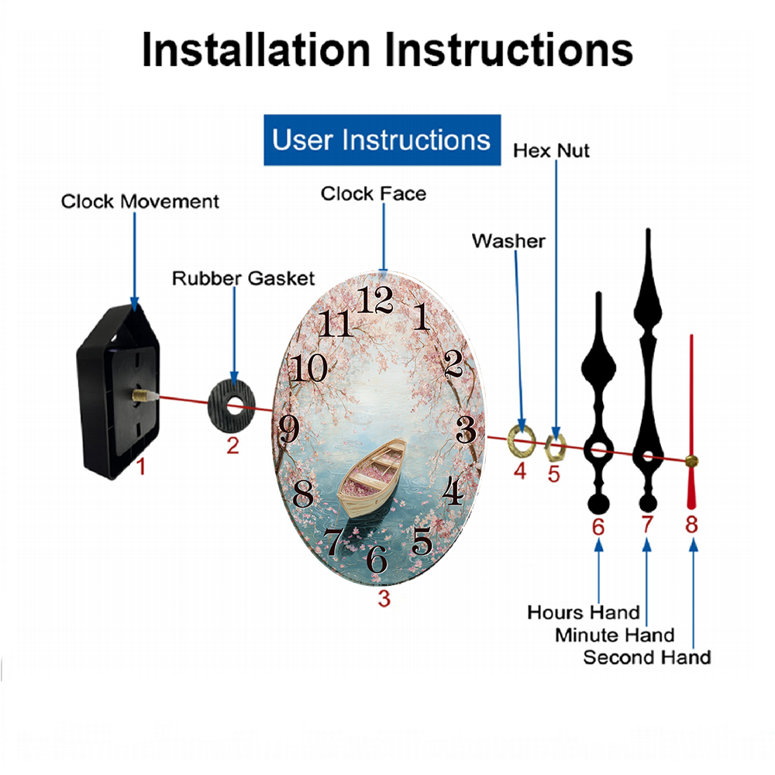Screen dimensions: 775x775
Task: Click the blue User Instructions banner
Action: pyautogui.click(x=382, y=139)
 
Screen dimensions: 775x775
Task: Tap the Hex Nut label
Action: pyautogui.click(x=551, y=151)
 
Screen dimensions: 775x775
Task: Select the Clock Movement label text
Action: pyautogui.click(x=139, y=201)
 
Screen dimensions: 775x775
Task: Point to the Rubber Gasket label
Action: pyautogui.click(x=243, y=278)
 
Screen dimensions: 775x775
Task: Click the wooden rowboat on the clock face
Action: pyautogui.click(x=373, y=477)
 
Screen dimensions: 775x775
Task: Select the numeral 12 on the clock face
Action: pyautogui.click(x=374, y=299)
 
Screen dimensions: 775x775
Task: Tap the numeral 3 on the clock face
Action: pyautogui.click(x=466, y=429)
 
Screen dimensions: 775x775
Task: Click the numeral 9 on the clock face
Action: pyautogui.click(x=289, y=429)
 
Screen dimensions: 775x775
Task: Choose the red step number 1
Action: pyautogui.click(x=141, y=467)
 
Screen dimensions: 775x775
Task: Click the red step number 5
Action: pyautogui.click(x=553, y=474)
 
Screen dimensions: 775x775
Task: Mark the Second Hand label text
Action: pyautogui.click(x=647, y=658)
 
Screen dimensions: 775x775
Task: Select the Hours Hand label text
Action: pyautogui.click(x=584, y=613)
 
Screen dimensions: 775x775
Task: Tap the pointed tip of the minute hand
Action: pyautogui.click(x=648, y=229)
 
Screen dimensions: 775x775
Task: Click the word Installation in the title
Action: pyautogui.click(x=256, y=50)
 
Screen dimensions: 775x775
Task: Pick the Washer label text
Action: pyautogui.click(x=508, y=241)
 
